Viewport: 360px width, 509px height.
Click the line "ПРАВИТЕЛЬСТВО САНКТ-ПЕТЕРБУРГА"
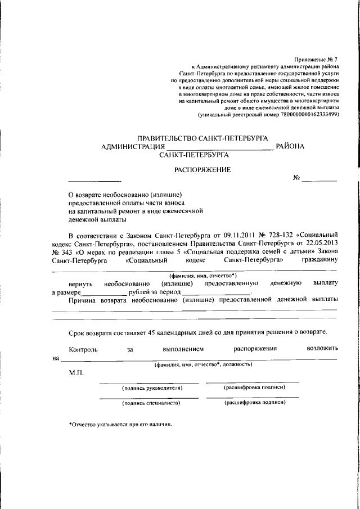(x=203, y=138)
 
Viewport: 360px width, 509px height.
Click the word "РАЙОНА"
(x=290, y=146)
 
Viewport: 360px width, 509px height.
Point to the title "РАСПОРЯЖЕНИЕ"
(x=202, y=169)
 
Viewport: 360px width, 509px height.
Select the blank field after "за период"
(x=216, y=293)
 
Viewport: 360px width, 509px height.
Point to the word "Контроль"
(x=83, y=349)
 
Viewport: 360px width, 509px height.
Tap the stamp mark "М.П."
(x=76, y=373)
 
